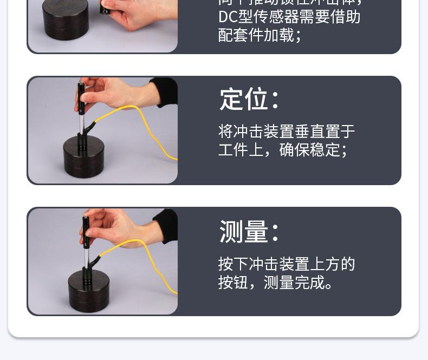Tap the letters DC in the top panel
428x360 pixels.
tap(228, 17)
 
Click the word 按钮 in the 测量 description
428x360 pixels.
tap(234, 282)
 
